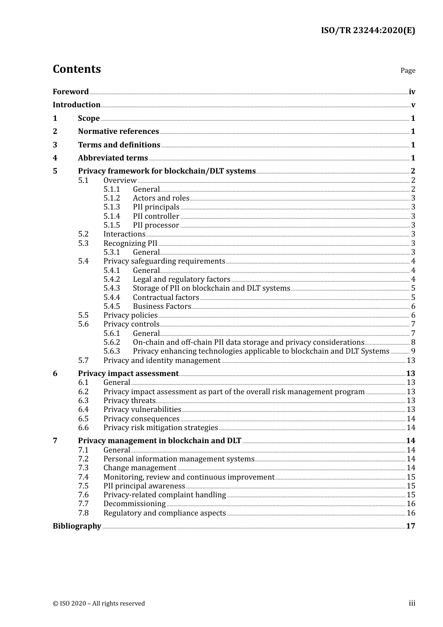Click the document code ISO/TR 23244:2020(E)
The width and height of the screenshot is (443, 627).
(x=367, y=31)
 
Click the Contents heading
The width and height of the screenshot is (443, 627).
(x=76, y=69)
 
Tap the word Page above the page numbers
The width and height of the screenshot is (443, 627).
(x=408, y=70)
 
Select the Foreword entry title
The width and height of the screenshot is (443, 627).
(x=70, y=92)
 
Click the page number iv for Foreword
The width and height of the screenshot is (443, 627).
(x=412, y=92)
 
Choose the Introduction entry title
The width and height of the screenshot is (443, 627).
(x=76, y=105)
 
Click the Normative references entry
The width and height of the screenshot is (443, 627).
(x=118, y=132)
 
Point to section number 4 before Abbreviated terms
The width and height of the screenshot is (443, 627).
(x=55, y=158)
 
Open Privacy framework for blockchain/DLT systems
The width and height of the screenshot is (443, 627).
(x=166, y=171)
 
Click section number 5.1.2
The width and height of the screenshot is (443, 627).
(x=111, y=198)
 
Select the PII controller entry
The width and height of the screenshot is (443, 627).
(x=156, y=216)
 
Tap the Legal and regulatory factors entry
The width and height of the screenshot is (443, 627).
(x=181, y=279)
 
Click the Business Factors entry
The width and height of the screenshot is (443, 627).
(x=162, y=307)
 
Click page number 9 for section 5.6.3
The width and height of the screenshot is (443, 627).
(x=413, y=351)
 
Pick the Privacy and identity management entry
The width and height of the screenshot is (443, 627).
(x=162, y=361)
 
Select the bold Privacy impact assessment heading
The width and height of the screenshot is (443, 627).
(x=128, y=374)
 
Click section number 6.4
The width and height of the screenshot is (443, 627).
(x=83, y=410)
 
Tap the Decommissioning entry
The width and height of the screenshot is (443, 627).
(x=134, y=504)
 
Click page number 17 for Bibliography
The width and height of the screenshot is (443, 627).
(x=410, y=526)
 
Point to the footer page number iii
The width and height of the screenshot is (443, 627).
(x=412, y=603)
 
